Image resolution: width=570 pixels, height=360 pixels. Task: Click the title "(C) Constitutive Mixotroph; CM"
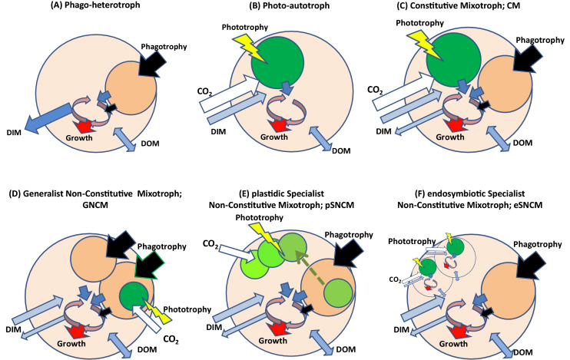pyautogui.click(x=476, y=10)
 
